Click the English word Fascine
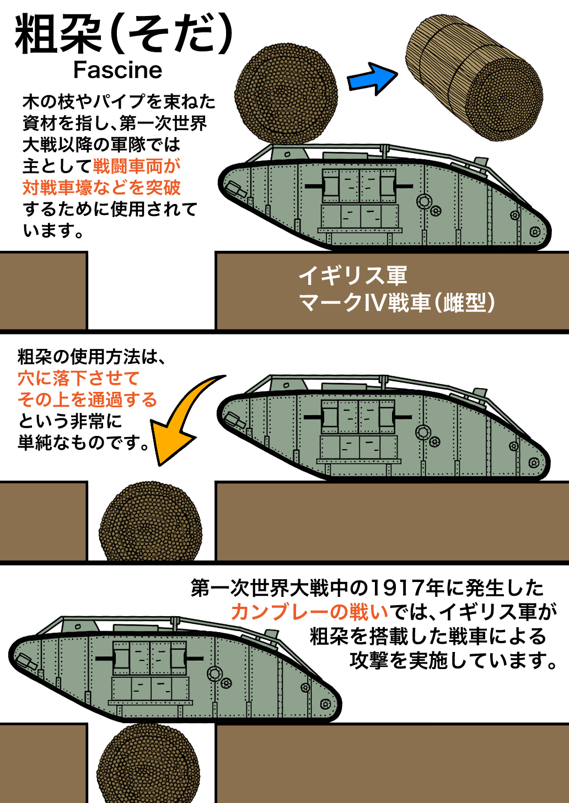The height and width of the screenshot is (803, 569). point(117,70)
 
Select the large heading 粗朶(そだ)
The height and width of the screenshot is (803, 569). point(124,34)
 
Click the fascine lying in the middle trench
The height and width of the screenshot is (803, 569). point(150,522)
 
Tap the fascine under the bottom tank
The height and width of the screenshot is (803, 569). point(149,763)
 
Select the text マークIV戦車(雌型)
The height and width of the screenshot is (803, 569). point(397,303)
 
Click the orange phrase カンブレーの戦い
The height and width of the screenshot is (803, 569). point(310,612)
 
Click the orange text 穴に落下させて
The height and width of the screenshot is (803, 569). point(78,378)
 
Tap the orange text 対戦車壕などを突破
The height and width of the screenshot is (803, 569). point(101,188)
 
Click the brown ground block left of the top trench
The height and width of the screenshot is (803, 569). point(43,290)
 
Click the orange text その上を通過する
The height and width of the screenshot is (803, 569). point(87,400)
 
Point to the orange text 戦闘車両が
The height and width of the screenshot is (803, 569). point(137,166)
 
